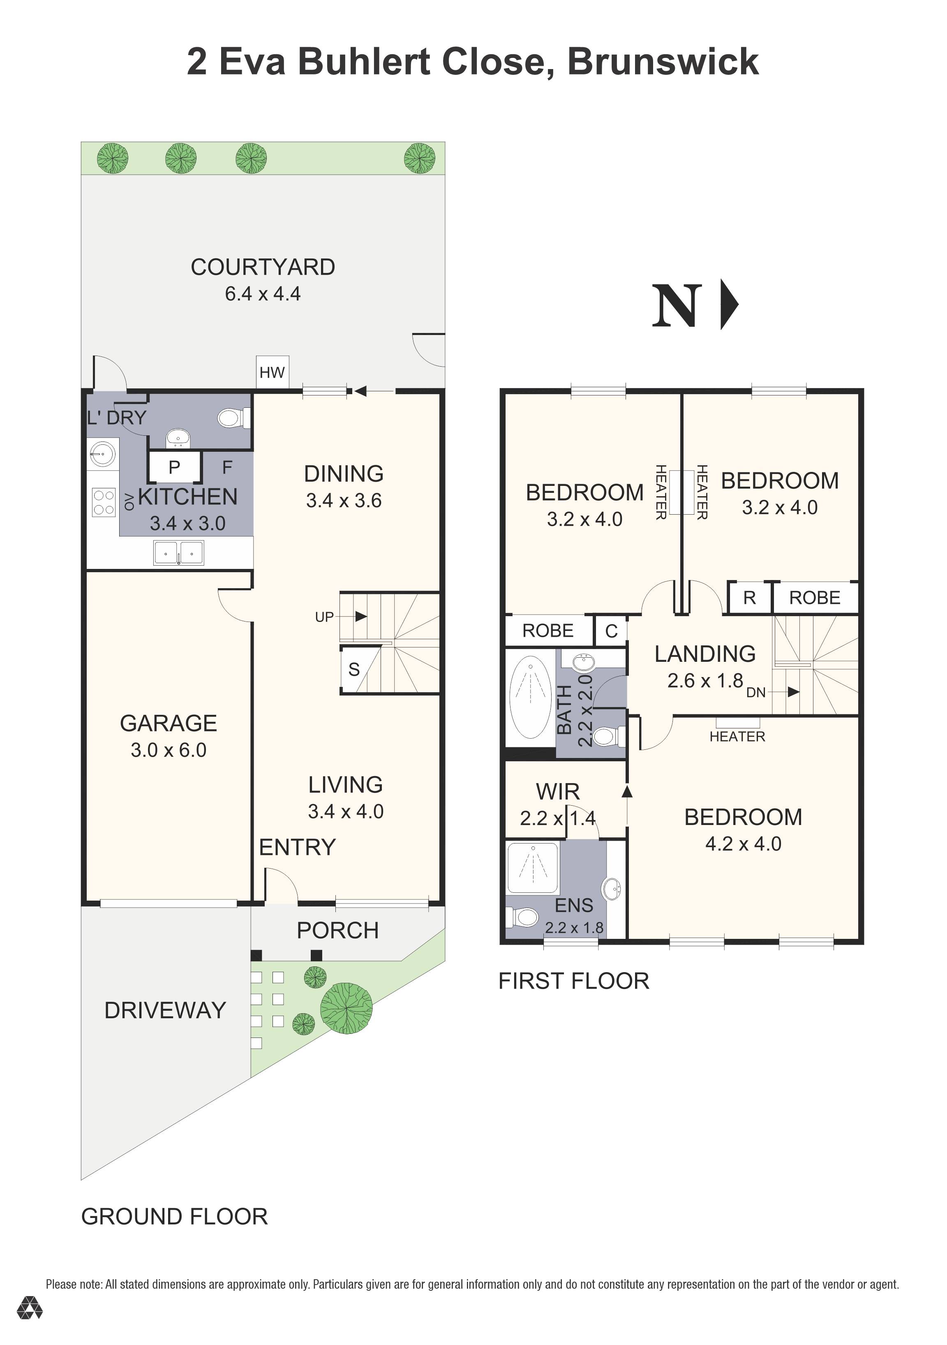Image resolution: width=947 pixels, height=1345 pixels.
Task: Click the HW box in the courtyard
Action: [x=273, y=372]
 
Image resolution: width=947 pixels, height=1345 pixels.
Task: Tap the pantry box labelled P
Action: [x=174, y=467]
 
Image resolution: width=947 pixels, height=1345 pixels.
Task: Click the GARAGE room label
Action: [x=169, y=723]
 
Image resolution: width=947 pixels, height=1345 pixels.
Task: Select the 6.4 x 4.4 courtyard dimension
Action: [x=263, y=293]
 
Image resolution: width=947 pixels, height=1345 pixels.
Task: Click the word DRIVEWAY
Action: [x=165, y=1010]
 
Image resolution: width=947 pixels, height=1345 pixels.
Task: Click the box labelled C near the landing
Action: [x=611, y=631]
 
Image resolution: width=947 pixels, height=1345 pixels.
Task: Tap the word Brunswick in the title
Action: [x=663, y=62]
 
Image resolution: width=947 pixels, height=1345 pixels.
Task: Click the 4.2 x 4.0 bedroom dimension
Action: [x=743, y=844]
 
